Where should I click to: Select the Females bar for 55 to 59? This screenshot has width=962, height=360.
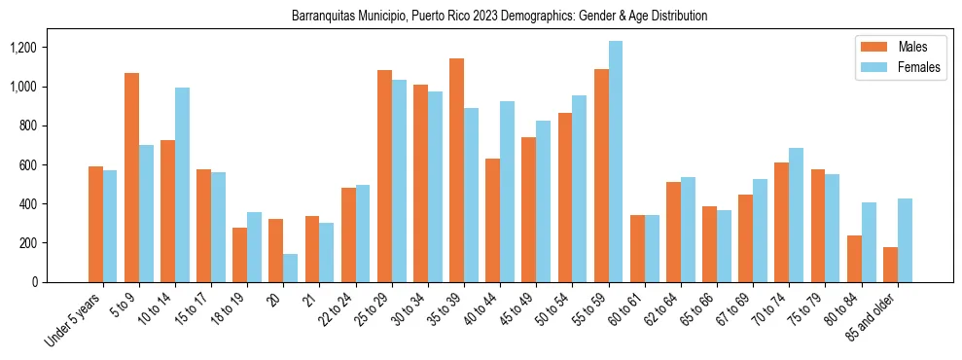616,162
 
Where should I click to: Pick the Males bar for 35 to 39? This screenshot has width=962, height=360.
456,170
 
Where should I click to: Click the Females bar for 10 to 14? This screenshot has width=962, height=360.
182,185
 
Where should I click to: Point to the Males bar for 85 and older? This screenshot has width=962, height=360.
890,265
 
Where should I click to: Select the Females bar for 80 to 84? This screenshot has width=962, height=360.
869,242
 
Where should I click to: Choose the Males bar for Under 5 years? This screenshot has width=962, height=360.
95,224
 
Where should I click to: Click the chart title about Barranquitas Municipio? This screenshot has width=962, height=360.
499,17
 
